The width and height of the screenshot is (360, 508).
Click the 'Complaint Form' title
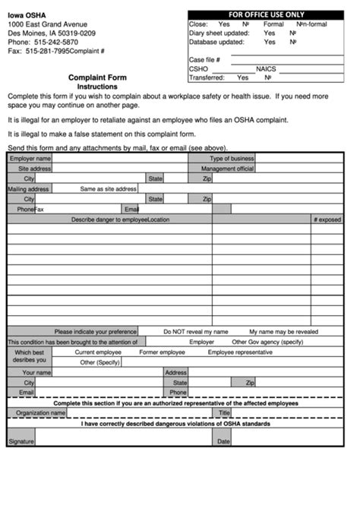click(x=97, y=77)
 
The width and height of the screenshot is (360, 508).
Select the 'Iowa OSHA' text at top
click(x=27, y=14)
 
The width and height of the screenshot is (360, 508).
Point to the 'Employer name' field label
click(x=30, y=159)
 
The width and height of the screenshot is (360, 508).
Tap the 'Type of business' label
click(x=232, y=159)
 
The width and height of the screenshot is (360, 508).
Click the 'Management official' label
click(x=227, y=169)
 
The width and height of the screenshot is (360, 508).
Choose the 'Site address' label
click(x=34, y=169)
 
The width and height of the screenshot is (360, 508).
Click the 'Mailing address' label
click(x=29, y=188)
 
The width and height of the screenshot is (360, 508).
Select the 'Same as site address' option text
click(x=108, y=188)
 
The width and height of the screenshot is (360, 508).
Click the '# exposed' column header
click(x=327, y=219)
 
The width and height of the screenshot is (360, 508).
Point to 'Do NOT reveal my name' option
click(x=195, y=332)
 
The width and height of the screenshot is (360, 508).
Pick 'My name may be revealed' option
click(x=283, y=332)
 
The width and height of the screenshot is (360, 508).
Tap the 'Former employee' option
click(x=162, y=352)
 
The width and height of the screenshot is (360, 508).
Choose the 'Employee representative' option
click(x=240, y=352)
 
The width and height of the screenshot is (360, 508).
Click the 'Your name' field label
click(x=36, y=373)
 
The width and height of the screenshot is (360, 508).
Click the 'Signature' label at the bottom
click(x=21, y=441)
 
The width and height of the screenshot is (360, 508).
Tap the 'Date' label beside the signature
click(x=223, y=441)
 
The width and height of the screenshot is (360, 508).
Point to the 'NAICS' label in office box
click(x=266, y=68)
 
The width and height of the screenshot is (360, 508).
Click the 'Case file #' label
click(x=204, y=59)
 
